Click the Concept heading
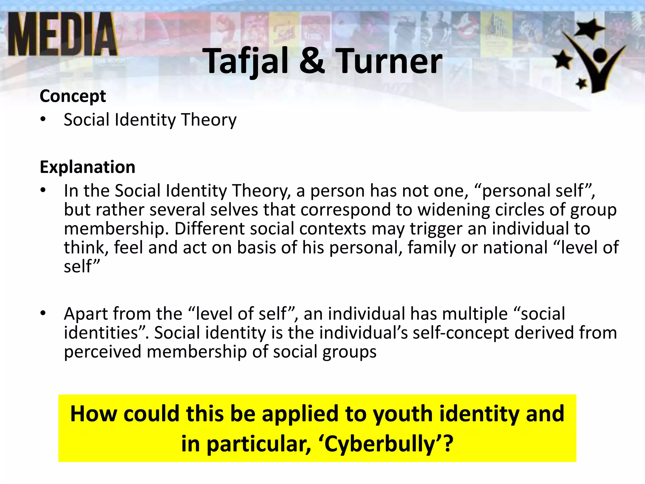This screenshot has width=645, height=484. coord(73,96)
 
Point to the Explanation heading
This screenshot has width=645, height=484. coord(88,167)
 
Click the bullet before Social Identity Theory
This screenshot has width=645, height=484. coord(43,120)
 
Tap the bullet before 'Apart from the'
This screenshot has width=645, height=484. coord(43,314)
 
